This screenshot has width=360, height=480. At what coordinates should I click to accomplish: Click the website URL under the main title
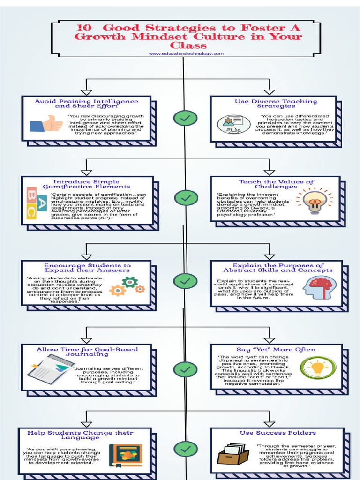click(x=186, y=54)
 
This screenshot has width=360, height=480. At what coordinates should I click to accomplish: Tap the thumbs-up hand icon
click(x=46, y=124)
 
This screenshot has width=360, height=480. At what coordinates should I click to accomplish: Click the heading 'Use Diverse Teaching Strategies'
click(x=276, y=104)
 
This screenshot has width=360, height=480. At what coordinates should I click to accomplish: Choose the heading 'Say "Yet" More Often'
click(x=276, y=349)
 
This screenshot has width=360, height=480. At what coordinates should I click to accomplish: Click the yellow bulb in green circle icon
click(x=318, y=367)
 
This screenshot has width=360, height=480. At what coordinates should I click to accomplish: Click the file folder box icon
click(x=232, y=454)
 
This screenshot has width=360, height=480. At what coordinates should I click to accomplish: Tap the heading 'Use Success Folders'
click(x=277, y=433)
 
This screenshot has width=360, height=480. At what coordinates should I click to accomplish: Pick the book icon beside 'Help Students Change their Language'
click(x=126, y=455)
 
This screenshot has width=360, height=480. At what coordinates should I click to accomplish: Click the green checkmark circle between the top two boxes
click(x=185, y=118)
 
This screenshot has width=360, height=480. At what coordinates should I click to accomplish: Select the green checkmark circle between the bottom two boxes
click(x=185, y=449)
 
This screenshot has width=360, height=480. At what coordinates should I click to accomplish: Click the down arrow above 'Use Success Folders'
click(x=269, y=418)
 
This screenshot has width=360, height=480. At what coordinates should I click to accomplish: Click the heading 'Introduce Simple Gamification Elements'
click(x=86, y=184)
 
